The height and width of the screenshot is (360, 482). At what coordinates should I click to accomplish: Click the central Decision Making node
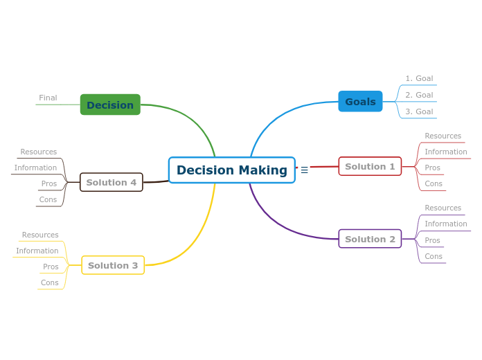[231, 170]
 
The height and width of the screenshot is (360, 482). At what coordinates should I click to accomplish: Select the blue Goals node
[360, 102]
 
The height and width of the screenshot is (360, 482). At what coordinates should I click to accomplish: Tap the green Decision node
[110, 105]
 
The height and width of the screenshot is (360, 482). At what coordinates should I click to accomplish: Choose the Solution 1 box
[370, 167]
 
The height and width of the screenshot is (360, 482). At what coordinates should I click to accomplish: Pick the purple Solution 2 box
[370, 240]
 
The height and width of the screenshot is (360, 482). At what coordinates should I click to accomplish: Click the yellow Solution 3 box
[113, 266]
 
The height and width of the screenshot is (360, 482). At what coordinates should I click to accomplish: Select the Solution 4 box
[111, 183]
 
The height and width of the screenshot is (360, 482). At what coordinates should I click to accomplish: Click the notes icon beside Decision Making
[305, 170]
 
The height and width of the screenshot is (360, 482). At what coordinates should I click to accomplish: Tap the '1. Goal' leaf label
[419, 79]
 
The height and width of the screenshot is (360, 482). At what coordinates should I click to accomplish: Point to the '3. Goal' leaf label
[419, 111]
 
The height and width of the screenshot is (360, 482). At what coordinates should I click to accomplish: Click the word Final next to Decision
[48, 98]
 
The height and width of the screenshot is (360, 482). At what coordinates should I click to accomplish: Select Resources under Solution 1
[443, 136]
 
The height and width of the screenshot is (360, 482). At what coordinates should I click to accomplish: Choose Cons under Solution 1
[434, 184]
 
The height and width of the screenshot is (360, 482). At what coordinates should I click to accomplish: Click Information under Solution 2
[445, 224]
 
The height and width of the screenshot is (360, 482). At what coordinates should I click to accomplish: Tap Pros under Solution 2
[432, 241]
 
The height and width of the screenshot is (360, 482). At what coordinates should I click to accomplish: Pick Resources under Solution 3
[40, 235]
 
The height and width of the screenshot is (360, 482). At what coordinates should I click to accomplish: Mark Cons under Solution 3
[50, 283]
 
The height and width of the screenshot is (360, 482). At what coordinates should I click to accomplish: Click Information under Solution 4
[35, 168]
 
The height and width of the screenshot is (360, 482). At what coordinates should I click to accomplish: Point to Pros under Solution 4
[49, 184]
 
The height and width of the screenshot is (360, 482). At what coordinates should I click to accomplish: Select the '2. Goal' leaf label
[419, 96]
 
